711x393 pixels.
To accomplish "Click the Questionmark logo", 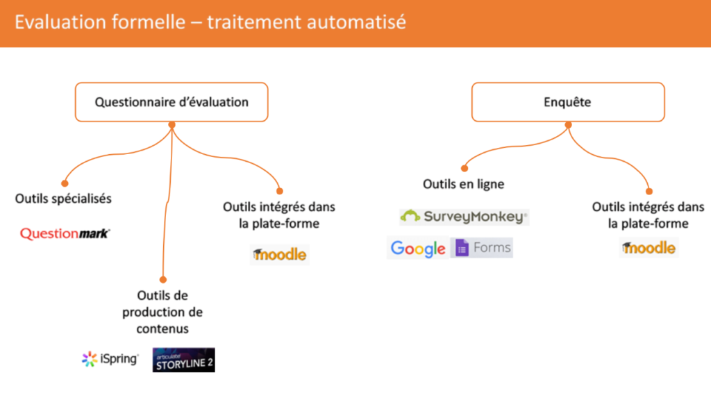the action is point(65,233).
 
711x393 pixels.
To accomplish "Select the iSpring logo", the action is point(110,359).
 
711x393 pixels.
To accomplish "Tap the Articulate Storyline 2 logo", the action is point(183,360).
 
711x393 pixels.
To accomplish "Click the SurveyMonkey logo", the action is point(464,217).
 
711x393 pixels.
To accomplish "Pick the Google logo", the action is point(417,248).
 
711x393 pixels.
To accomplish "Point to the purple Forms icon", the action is point(462,247).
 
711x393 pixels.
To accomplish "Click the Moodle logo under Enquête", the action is point(649,247).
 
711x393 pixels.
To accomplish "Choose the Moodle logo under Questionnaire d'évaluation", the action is point(279,254).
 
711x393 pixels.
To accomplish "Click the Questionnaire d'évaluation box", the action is point(172,102).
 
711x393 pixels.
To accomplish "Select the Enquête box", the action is point(568,102).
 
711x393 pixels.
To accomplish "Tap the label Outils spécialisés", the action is point(63,199).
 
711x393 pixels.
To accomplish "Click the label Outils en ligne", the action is point(463,184).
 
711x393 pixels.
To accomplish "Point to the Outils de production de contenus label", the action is point(162,312).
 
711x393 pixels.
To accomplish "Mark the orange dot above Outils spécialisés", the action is point(65,183).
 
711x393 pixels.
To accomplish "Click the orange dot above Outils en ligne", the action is point(465,169).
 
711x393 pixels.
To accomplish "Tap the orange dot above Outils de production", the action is point(163,280).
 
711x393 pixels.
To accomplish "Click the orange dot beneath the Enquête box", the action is point(568,125).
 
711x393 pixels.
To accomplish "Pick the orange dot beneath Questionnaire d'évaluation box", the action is point(172,125).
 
